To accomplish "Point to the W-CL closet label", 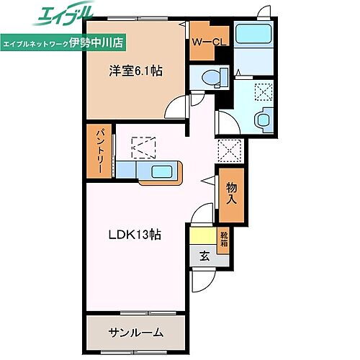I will click(209, 42).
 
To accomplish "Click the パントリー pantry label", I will click(101, 152).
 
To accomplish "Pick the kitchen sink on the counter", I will click(161, 171).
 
